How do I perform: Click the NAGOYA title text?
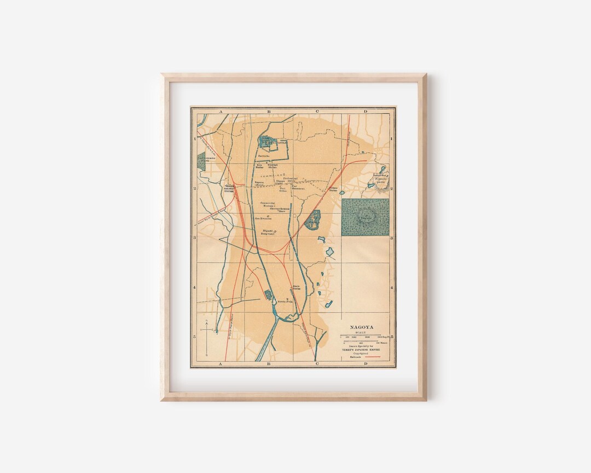360,327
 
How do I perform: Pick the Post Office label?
283,189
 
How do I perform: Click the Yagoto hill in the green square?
365,217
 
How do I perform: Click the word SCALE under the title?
360,332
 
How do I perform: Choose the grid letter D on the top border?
365,111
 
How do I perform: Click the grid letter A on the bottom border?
221,364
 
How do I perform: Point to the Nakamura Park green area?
201,160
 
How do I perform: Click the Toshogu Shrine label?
273,165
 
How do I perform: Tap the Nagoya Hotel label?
259,184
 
